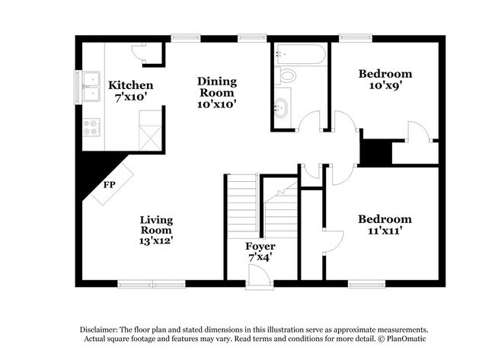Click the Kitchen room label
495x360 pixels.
tap(130, 85)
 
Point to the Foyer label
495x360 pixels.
tap(260, 247)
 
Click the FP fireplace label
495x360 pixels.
tap(109, 184)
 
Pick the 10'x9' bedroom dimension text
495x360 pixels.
tap(385, 87)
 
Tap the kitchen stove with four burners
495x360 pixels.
tap(92, 128)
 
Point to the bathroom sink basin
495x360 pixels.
tap(282, 107)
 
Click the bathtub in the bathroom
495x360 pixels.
tap(300, 55)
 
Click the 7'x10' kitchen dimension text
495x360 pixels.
tap(130, 98)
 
